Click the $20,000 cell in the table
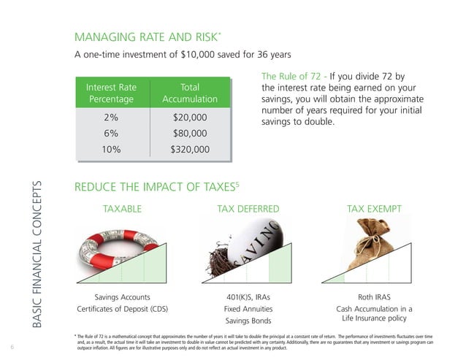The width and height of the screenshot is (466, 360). pos(190,118)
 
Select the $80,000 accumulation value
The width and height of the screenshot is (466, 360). pos(190,134)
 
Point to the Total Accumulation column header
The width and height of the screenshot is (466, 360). pos(190,93)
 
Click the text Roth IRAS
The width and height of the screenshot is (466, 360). pos(374,297)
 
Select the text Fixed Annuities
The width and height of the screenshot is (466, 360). pos(248,309)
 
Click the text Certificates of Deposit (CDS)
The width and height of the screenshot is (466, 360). pos(123,309)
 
